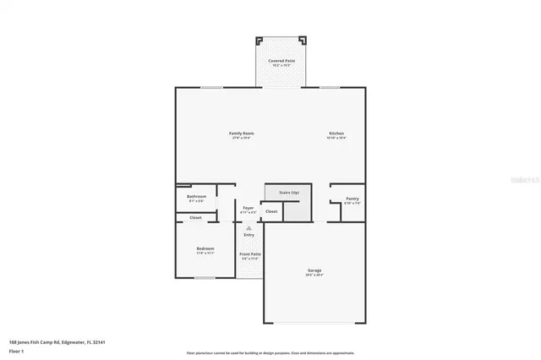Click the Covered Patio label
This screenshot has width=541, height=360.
point(282,62)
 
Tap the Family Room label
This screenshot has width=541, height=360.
point(242,134)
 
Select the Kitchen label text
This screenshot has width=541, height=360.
point(336,134)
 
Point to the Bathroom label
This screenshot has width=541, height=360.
point(196,197)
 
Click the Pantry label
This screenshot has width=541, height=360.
point(352,199)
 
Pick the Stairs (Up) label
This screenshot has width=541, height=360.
point(289,193)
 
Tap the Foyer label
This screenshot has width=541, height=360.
point(249,207)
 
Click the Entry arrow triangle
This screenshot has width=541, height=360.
point(249,227)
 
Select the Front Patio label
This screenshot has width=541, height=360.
point(249,254)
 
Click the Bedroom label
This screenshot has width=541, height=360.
point(205,248)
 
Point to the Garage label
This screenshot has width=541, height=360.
point(314,270)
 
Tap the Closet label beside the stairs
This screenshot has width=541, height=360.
point(271,211)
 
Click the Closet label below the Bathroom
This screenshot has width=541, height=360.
point(195,217)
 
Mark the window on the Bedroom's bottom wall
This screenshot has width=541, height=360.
point(205,277)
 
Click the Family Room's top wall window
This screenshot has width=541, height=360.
point(211,87)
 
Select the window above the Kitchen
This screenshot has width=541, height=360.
point(330,87)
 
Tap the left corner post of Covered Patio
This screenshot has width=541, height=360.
point(260,40)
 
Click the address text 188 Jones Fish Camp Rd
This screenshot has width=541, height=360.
point(51,342)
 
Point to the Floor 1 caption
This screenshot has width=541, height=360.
point(16,350)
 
